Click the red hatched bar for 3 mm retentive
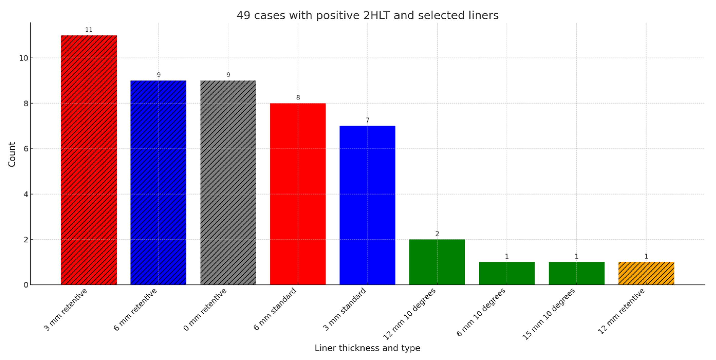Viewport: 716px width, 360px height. pyautogui.click(x=89, y=160)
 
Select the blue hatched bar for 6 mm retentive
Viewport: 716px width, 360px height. pyautogui.click(x=158, y=182)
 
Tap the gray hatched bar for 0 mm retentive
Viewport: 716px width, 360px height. pyautogui.click(x=228, y=182)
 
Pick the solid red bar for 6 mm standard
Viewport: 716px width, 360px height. pyautogui.click(x=298, y=194)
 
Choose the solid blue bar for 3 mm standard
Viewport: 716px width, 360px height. pyautogui.click(x=367, y=205)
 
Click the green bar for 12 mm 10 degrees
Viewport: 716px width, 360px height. pyautogui.click(x=437, y=262)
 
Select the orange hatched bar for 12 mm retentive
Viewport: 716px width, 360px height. pyautogui.click(x=646, y=273)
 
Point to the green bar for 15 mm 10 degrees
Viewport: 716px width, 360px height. pyautogui.click(x=576, y=273)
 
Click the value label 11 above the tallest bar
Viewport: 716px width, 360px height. pyautogui.click(x=89, y=30)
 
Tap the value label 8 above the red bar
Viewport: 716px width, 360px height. pyautogui.click(x=298, y=97)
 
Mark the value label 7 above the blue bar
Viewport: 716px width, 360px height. pyautogui.click(x=367, y=120)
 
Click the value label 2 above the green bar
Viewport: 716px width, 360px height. pyautogui.click(x=437, y=233)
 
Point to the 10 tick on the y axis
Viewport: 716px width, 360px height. pyautogui.click(x=24, y=58)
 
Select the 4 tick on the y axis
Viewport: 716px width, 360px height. pyautogui.click(x=26, y=194)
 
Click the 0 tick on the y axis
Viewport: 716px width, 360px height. pyautogui.click(x=26, y=285)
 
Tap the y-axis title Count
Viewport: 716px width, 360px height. pyautogui.click(x=12, y=154)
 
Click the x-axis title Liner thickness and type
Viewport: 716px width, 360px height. pyautogui.click(x=367, y=348)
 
